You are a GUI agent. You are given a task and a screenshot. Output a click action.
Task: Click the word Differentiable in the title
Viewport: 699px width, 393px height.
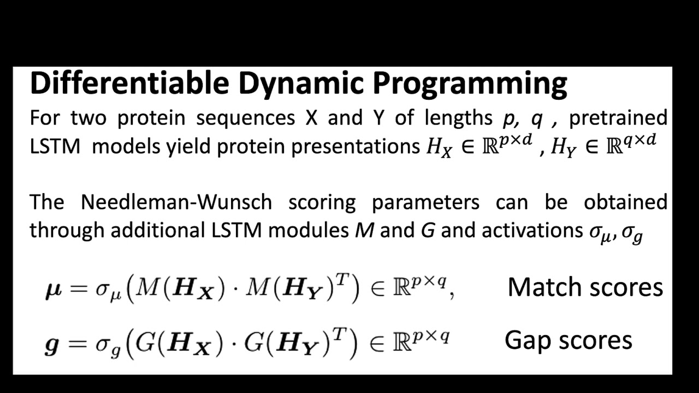pyautogui.click(x=129, y=84)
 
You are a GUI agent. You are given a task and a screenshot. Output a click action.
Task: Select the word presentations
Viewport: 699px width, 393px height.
pyautogui.click(x=354, y=147)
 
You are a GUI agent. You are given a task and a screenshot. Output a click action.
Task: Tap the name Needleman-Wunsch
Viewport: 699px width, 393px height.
pyautogui.click(x=176, y=202)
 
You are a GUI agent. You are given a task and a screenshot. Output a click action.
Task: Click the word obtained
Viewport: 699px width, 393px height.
pyautogui.click(x=625, y=202)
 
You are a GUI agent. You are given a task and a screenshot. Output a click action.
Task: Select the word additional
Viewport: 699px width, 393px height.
pyautogui.click(x=158, y=230)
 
